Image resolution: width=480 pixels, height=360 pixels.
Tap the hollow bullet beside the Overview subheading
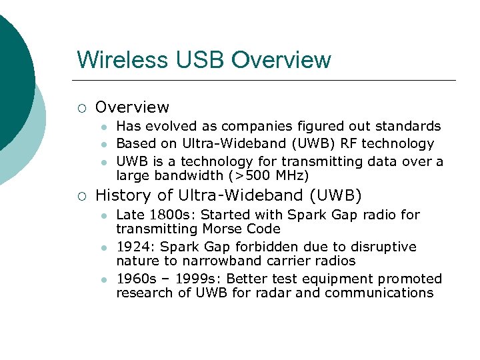tap(81, 107)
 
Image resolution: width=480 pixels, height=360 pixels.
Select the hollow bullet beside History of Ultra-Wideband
tap(81, 196)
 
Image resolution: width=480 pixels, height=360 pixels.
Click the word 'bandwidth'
tap(184, 175)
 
